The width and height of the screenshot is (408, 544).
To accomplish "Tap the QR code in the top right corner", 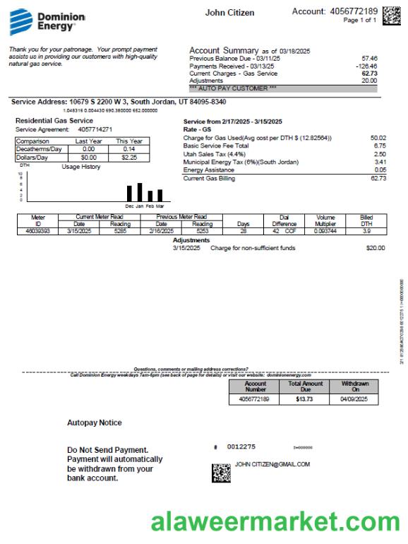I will click(x=391, y=16).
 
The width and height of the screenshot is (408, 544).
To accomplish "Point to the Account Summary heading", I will click(x=223, y=51).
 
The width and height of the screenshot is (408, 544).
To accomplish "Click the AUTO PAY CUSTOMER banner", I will click(x=233, y=88).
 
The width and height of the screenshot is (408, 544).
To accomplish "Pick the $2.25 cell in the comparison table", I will click(x=129, y=158).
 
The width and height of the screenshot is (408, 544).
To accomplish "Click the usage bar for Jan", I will click(x=140, y=192).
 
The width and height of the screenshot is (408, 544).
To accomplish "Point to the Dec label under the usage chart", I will click(x=129, y=206).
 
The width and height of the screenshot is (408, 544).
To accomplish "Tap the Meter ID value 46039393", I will click(x=37, y=230).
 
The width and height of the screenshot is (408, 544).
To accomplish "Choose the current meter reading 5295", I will click(x=121, y=230).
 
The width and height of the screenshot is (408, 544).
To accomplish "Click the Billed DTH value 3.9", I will click(x=366, y=230).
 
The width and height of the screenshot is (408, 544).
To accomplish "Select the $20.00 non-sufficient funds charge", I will click(x=376, y=248).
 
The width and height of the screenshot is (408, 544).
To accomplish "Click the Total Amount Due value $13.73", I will click(x=305, y=399).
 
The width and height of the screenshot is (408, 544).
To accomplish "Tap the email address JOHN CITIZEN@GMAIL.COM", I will click(x=272, y=464).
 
